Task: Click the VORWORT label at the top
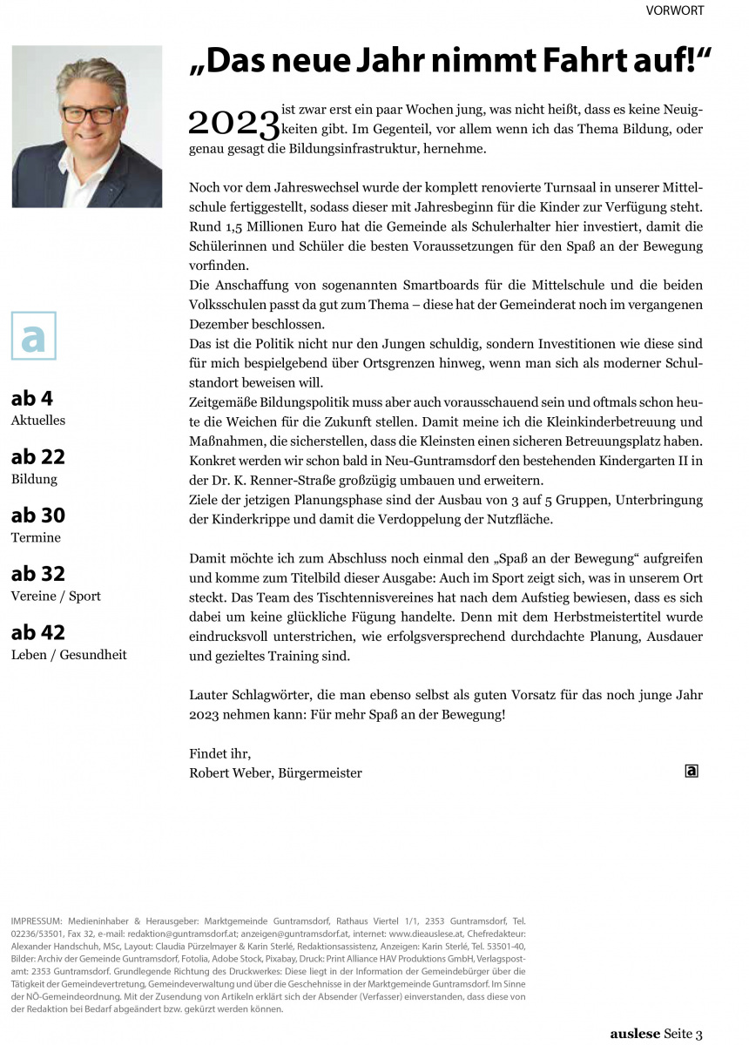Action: point(674,10)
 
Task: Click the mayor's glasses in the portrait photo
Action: point(91,114)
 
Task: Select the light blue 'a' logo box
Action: point(33,335)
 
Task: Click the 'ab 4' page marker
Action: point(32,399)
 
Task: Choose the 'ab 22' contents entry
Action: point(37,457)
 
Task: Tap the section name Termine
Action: point(36,537)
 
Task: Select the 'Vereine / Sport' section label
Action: point(56,596)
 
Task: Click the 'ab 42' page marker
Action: point(37,632)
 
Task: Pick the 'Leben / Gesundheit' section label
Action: point(69,654)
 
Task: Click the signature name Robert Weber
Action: point(228,772)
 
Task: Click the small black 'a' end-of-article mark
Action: point(692,770)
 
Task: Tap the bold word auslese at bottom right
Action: point(634,1034)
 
